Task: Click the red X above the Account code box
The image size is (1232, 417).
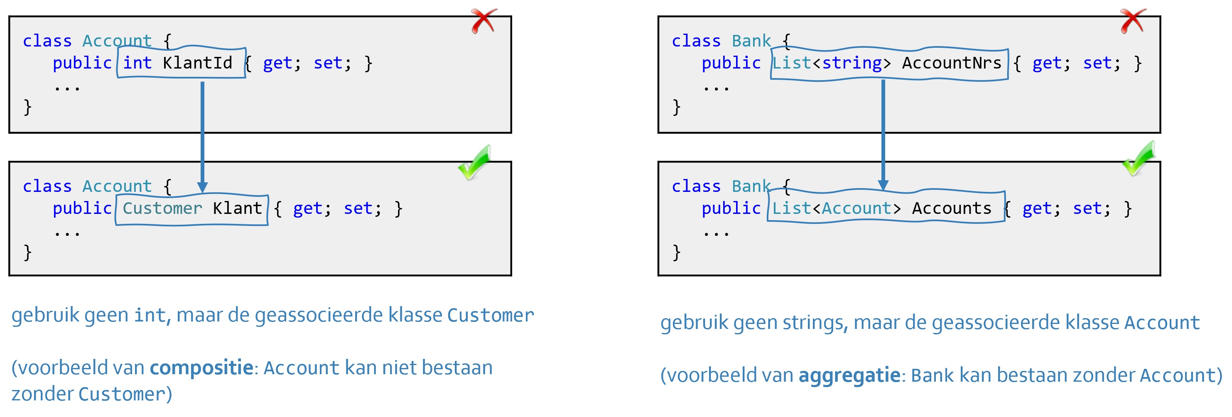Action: click(483, 21)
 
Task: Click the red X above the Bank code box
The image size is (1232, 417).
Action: click(1133, 21)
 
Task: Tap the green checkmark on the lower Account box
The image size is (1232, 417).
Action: click(474, 162)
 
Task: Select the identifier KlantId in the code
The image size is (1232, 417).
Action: click(197, 63)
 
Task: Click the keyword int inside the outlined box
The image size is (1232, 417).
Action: click(137, 63)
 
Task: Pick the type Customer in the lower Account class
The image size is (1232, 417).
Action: click(162, 208)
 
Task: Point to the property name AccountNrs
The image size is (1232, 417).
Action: click(951, 63)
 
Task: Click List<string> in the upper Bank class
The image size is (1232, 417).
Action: click(831, 63)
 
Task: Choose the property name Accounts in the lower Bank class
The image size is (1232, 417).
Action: click(951, 208)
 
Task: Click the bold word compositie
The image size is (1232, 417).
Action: click(201, 368)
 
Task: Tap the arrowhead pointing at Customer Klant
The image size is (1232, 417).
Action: click(202, 187)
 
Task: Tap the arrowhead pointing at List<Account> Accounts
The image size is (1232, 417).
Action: click(883, 185)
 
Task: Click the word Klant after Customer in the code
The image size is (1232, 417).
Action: click(237, 208)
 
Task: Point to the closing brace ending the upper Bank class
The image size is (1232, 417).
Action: click(676, 107)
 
